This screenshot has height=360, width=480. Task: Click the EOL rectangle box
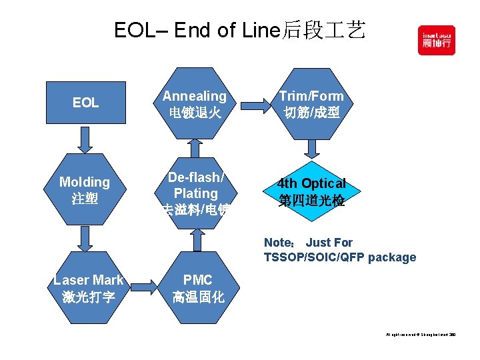[85, 103]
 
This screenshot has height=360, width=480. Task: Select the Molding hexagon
[85, 189]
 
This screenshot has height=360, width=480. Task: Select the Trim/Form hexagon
[311, 104]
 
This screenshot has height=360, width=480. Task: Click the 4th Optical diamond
[311, 191]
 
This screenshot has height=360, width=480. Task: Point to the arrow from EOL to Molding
[85, 139]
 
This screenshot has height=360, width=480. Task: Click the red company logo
[437, 40]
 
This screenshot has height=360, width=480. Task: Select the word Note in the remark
[277, 243]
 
